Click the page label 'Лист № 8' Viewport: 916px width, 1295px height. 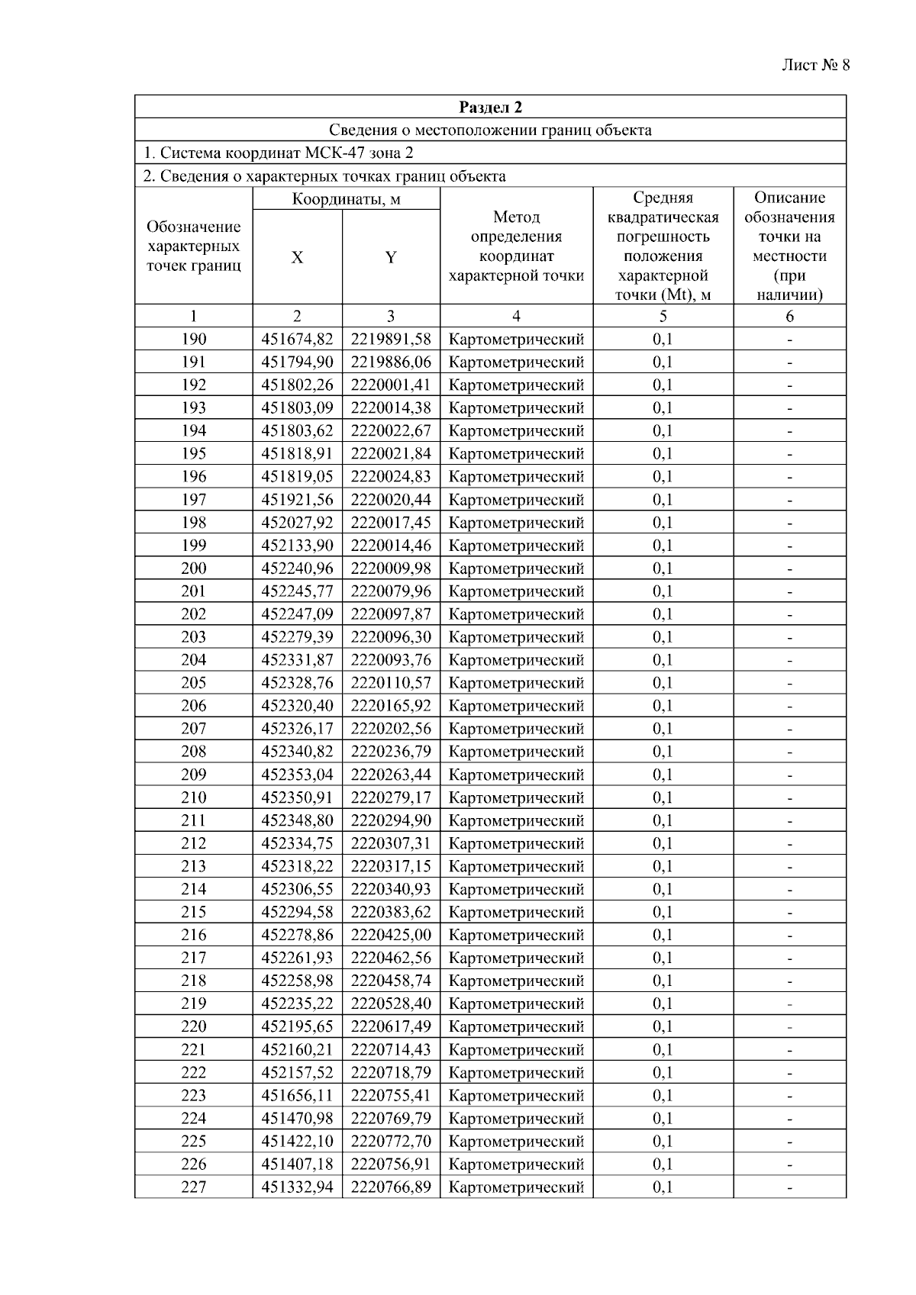[815, 65]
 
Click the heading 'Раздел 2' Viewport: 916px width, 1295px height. [490, 107]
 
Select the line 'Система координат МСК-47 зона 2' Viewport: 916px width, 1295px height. [279, 153]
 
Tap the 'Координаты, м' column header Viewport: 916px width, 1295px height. [346, 200]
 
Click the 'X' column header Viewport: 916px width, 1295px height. [297, 258]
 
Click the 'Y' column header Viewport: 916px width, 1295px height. [390, 258]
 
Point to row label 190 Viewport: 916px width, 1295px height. [193, 339]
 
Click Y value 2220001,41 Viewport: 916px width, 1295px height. [391, 385]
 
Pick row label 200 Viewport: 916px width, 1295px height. [193, 568]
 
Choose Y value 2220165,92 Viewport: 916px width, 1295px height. [391, 705]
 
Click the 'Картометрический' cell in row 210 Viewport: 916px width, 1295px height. [516, 797]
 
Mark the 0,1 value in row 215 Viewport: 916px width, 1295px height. [663, 912]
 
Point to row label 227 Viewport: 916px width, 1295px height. [193, 1187]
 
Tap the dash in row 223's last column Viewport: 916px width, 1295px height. [789, 1096]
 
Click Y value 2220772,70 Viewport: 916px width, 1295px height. [391, 1141]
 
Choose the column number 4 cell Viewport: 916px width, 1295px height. [516, 316]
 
